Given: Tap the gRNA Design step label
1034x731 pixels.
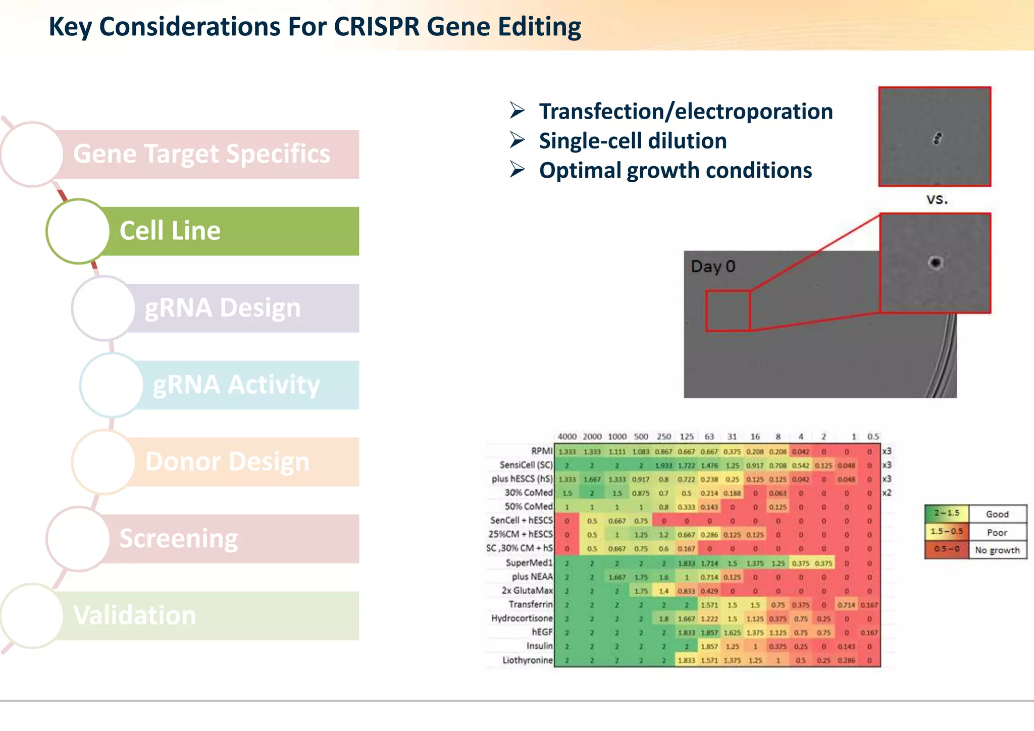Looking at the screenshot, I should click(x=223, y=308).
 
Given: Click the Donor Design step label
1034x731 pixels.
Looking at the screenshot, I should click(x=227, y=462).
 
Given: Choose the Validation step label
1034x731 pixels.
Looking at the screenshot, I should click(x=134, y=616).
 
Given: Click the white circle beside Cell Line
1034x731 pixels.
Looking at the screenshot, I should click(x=78, y=231).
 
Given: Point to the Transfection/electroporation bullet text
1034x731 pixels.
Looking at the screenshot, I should click(x=686, y=112).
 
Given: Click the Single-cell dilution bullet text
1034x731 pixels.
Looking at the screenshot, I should click(x=633, y=141).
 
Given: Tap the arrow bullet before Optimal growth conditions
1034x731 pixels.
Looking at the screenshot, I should click(x=518, y=169).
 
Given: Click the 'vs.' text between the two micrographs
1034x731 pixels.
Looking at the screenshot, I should click(x=937, y=199).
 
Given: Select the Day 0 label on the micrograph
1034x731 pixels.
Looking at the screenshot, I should click(x=713, y=267).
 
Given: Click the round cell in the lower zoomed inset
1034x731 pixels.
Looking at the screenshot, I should click(x=936, y=263).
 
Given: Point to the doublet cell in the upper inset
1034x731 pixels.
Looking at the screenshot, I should click(x=937, y=138).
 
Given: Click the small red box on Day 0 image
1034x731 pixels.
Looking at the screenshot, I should click(x=728, y=310).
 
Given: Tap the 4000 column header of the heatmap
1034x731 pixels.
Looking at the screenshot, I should click(x=567, y=437).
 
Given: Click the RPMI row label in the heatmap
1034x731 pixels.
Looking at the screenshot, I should click(x=542, y=451).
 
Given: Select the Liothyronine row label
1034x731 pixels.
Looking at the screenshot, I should click(x=528, y=660).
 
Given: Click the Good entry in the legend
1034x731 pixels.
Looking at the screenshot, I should click(x=997, y=514).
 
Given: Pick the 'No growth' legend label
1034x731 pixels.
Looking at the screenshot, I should click(x=997, y=550).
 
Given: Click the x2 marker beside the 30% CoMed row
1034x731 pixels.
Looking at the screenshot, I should click(x=887, y=493).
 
